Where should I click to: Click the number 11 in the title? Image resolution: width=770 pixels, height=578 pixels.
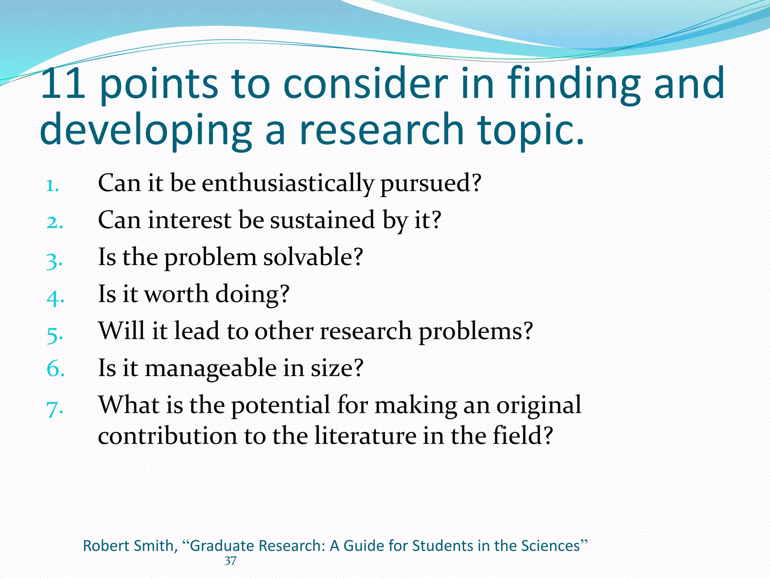pos(63,83)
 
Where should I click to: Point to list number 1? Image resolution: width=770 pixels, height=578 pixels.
pos(53,186)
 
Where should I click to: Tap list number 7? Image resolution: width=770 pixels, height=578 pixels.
pos(55,409)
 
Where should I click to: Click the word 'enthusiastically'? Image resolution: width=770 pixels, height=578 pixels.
pos(288,183)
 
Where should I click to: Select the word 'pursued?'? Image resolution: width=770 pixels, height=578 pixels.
pos(431,183)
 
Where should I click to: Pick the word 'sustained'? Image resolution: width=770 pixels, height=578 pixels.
pos(323,220)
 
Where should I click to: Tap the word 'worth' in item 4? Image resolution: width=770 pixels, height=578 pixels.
pos(176,294)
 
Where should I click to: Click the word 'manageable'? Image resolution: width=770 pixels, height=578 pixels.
pos(211,368)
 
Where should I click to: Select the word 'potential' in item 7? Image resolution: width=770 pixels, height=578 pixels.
pos(280,405)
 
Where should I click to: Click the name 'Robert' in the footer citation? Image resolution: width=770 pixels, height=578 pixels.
pos(105,546)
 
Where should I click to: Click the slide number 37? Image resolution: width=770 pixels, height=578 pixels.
pos(230,561)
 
